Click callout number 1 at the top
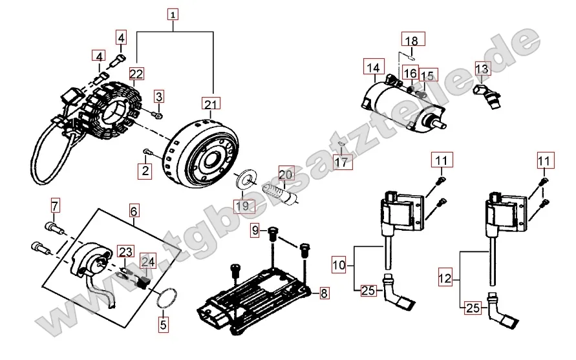point(172,13)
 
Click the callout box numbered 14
point(373,67)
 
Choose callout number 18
point(411,40)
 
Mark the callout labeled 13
point(482,69)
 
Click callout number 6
point(134,211)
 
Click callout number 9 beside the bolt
point(255,230)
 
